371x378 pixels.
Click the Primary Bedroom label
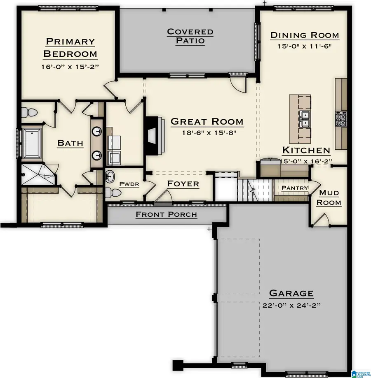(x=70, y=47)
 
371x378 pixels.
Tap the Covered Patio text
(x=190, y=36)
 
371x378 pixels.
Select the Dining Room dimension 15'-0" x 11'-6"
(x=305, y=46)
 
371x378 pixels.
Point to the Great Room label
(x=207, y=122)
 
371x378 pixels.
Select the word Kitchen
(x=306, y=150)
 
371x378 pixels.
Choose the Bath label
(x=70, y=143)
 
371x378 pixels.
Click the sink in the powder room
(x=110, y=177)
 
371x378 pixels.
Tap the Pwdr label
(x=129, y=184)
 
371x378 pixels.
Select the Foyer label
(x=183, y=183)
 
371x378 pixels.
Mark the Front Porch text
(x=166, y=214)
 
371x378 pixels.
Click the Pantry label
(x=295, y=188)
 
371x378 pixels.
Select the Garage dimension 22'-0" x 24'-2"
(x=291, y=306)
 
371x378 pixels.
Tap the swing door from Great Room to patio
(x=238, y=84)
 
